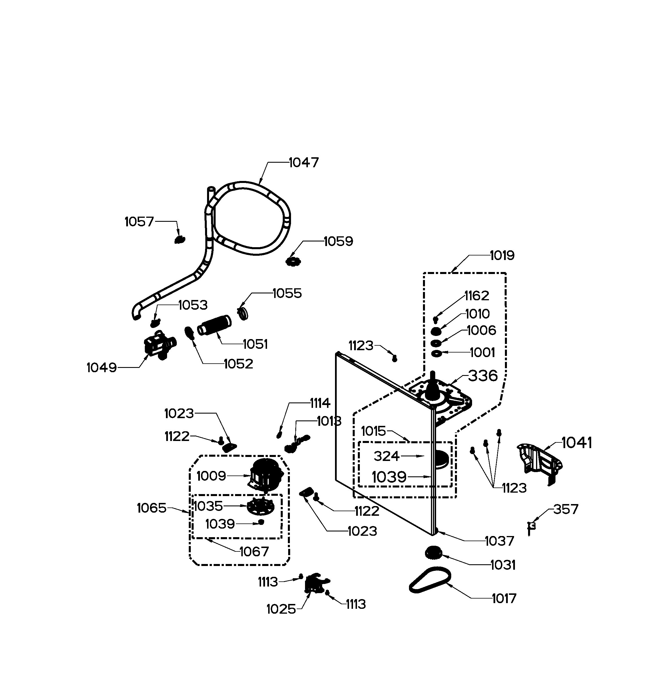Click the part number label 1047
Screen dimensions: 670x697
click(x=304, y=162)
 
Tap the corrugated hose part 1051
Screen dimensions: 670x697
click(x=214, y=325)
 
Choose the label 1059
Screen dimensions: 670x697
click(x=338, y=241)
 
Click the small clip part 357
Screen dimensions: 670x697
click(x=531, y=528)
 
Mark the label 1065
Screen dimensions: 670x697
click(x=152, y=508)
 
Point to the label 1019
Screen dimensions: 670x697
click(x=502, y=255)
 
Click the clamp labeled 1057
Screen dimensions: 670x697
click(x=180, y=240)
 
